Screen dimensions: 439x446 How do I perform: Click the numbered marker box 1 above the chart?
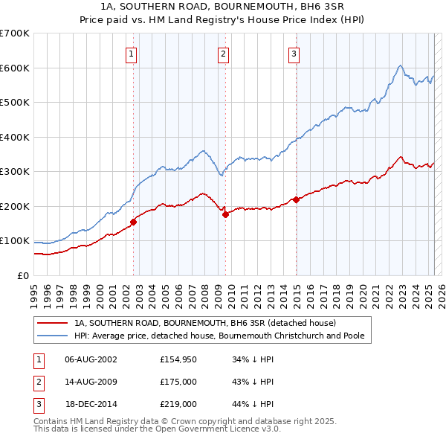pos(131,53)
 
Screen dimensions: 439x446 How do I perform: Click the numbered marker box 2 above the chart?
pos(223,53)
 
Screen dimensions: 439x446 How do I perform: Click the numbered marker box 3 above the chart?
pos(294,53)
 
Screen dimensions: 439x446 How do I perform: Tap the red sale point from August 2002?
pos(134,221)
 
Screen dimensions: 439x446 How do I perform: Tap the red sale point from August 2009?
pos(225,215)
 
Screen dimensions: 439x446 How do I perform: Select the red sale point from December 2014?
pos(296,199)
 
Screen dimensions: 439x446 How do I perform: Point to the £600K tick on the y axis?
pos(15,68)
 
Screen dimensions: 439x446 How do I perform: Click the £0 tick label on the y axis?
pos(22,276)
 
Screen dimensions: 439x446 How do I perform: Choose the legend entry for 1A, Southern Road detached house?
pos(205,323)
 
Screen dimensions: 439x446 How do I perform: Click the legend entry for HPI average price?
pos(219,336)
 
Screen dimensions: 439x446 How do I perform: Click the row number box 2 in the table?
pos(38,382)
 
